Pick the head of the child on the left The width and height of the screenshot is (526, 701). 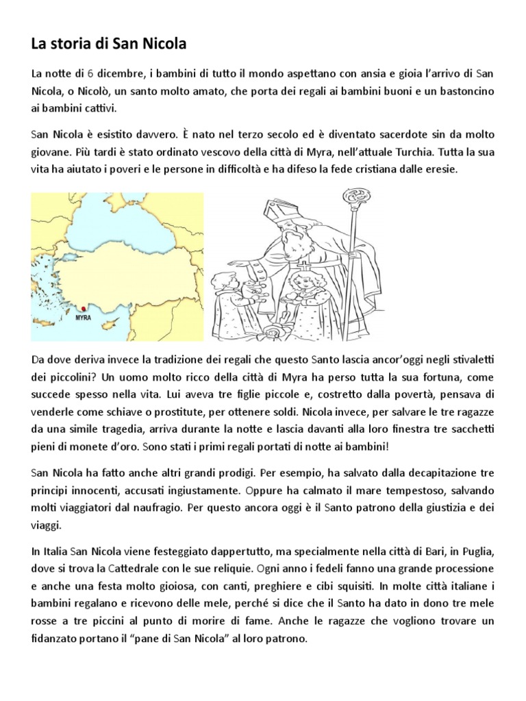[x=223, y=283]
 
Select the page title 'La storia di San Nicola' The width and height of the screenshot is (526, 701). [x=109, y=44]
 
